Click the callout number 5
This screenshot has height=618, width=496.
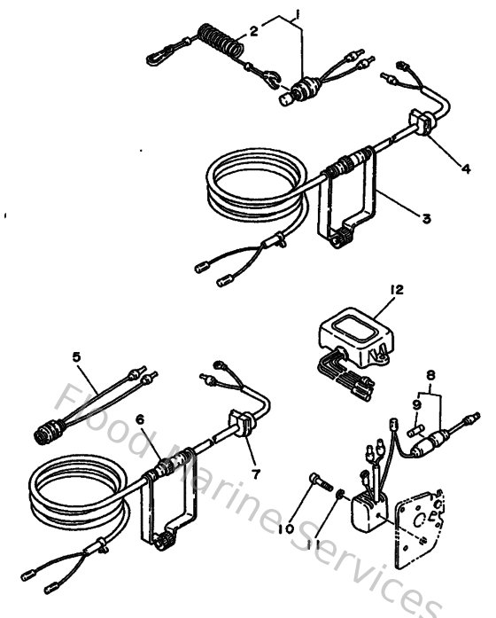coord(76,358)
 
